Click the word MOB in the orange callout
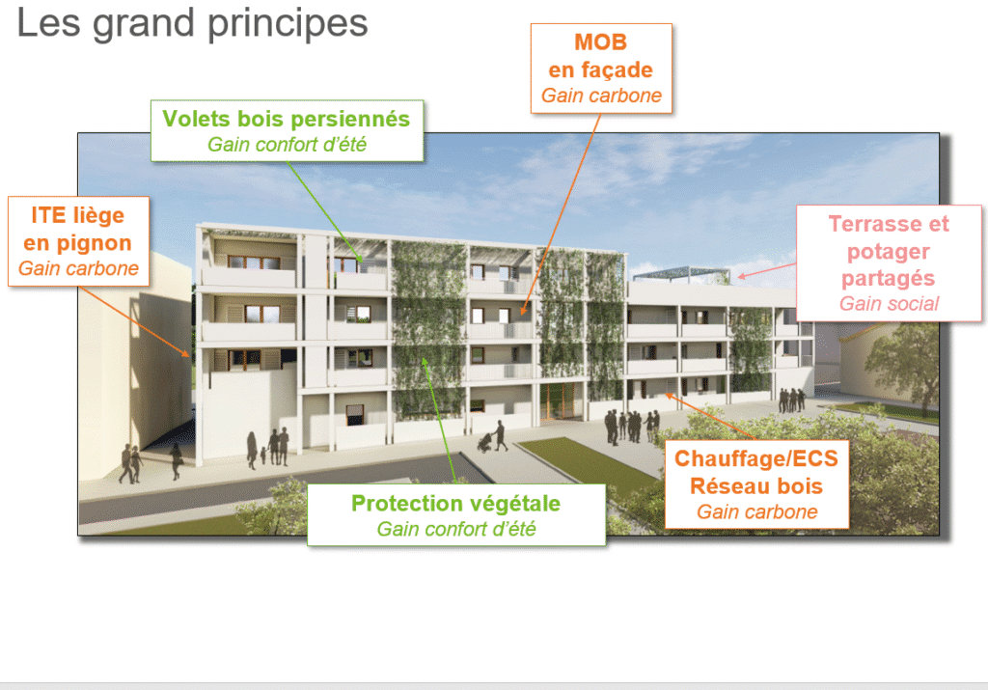[x=600, y=42]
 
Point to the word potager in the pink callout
[x=889, y=252]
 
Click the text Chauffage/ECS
[x=756, y=458]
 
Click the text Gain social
[x=889, y=304]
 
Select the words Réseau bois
[x=756, y=486]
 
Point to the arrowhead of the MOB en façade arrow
[x=523, y=311]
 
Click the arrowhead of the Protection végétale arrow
[x=425, y=362]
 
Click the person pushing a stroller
[x=500, y=436]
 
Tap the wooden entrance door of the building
[x=557, y=401]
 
